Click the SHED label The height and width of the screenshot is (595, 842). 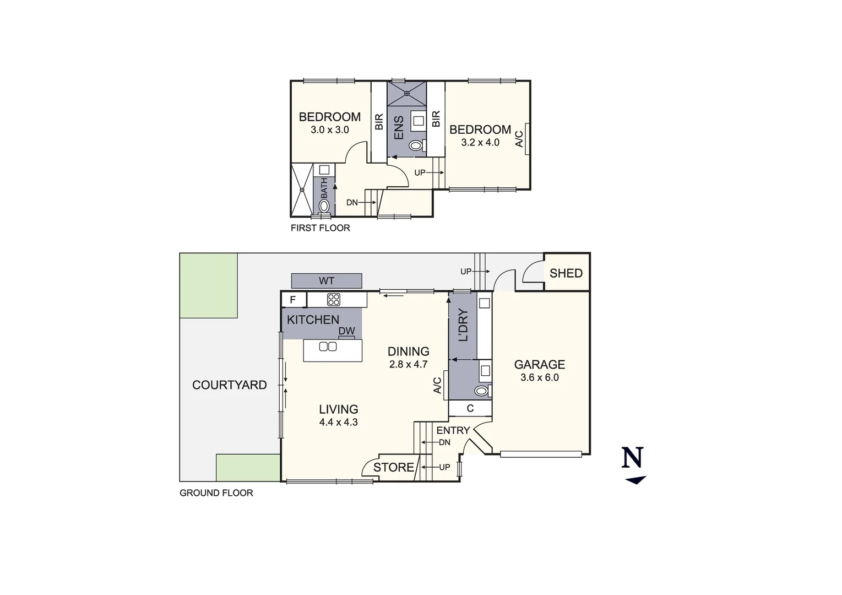coord(566,273)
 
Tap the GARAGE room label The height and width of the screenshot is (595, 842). coord(539,365)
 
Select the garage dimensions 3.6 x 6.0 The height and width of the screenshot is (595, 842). coord(539,378)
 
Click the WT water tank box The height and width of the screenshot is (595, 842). coord(327,280)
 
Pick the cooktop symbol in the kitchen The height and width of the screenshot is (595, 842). coord(334,300)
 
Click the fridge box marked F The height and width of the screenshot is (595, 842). coord(293,300)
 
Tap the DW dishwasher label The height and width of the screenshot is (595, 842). coord(346,331)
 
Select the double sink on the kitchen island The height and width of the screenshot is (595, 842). coord(328,347)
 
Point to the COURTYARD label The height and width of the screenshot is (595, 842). coord(229,385)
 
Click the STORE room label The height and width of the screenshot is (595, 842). coord(393,468)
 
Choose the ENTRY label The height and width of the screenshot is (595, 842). coord(453,431)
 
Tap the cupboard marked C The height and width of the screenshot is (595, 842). coord(470,409)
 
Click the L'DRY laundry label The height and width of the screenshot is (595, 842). coord(463,325)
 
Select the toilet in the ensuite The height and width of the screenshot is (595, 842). coord(416,145)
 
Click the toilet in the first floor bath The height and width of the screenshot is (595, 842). coord(324,206)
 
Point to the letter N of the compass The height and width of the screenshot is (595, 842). coord(633,458)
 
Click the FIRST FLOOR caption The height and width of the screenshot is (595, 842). coord(320,228)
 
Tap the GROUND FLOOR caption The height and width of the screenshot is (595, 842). coord(216,493)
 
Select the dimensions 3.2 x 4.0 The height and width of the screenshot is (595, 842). coord(480,143)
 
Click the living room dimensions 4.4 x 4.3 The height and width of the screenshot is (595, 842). coord(338,423)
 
